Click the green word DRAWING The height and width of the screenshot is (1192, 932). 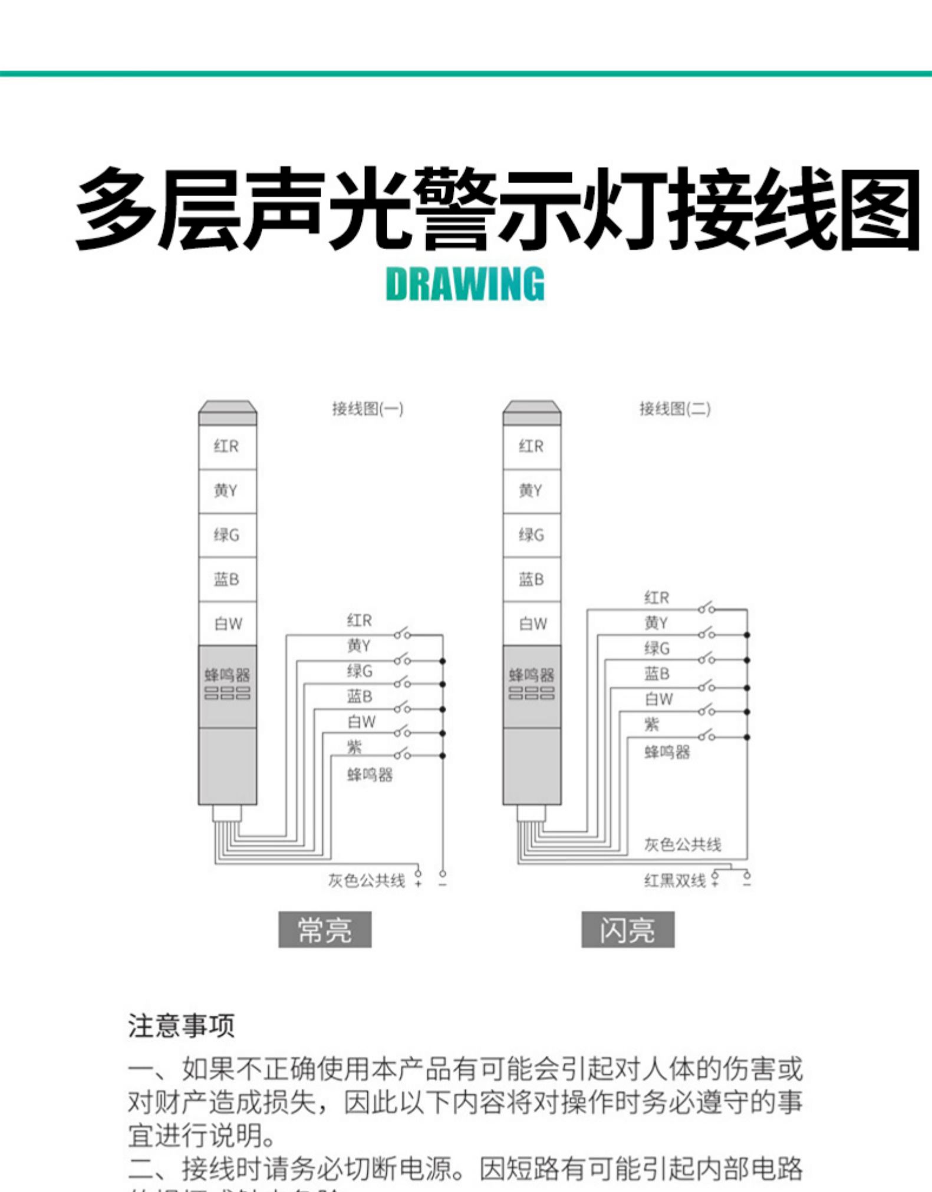(465, 284)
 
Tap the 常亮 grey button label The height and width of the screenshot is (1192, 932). (325, 930)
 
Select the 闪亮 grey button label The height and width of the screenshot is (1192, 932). (628, 930)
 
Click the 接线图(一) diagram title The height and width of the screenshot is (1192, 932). (367, 408)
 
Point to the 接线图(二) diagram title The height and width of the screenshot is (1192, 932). (675, 408)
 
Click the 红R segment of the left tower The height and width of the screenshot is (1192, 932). (227, 447)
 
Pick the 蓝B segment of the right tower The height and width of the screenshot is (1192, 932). (532, 580)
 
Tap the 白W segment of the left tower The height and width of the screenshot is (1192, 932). (228, 624)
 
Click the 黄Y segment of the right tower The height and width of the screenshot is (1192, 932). (532, 491)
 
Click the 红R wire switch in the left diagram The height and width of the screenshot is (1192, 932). (402, 634)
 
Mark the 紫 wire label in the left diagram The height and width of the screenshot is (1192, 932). (354, 747)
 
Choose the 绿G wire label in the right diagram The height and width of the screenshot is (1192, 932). (657, 649)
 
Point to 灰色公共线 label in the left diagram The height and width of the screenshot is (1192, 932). (367, 881)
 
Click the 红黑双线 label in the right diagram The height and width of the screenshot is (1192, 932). (674, 881)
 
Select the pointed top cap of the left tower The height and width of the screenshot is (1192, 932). (228, 407)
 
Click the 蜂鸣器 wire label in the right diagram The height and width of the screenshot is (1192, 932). (667, 752)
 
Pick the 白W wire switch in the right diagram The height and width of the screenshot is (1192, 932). (706, 711)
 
